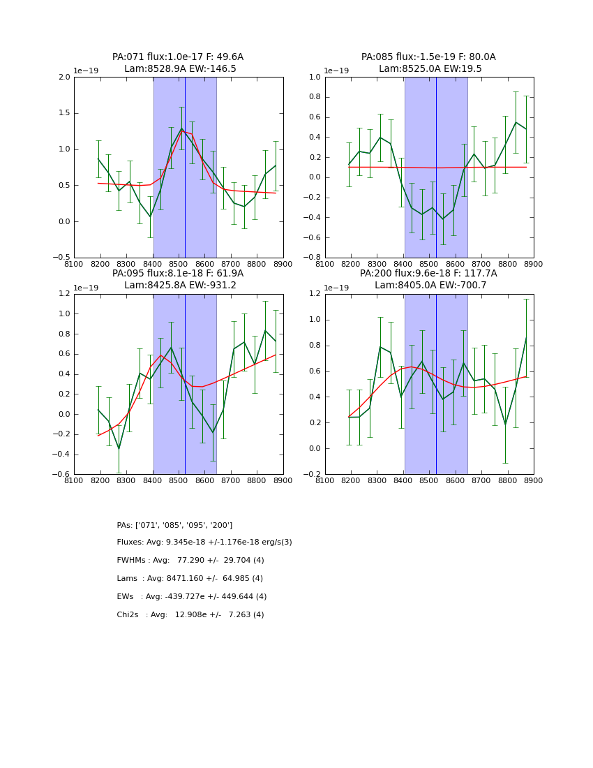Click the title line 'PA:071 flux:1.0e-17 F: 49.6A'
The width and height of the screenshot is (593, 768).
178,57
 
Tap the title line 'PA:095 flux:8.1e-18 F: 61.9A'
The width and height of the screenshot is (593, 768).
178,274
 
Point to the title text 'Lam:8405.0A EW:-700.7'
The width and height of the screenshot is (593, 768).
430,286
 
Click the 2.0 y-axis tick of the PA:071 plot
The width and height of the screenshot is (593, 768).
64,77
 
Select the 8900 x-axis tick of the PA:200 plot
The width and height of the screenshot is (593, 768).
534,480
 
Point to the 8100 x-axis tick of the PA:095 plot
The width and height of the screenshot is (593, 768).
74,480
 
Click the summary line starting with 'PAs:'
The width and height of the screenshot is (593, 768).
174,526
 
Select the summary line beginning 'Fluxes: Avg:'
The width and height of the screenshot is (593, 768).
204,542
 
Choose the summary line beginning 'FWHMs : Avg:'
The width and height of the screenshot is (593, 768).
190,561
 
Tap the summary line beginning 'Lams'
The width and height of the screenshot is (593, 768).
190,579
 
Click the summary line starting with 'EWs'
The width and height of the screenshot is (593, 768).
192,597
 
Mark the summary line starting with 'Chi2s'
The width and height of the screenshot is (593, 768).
190,615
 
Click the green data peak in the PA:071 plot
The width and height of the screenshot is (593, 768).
182,128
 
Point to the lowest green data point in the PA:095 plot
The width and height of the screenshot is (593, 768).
119,448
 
